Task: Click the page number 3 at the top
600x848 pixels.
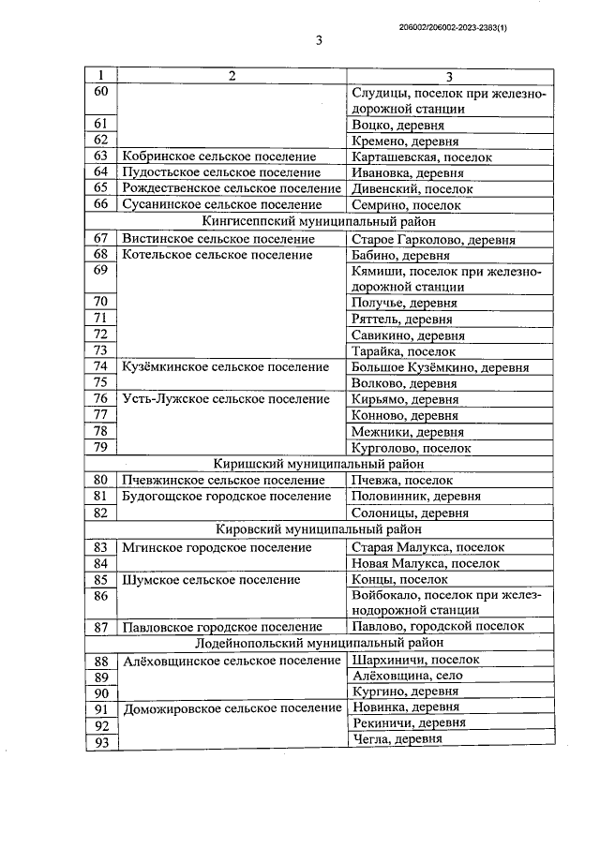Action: [320, 40]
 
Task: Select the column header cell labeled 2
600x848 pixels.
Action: [232, 76]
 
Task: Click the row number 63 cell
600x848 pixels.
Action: [101, 156]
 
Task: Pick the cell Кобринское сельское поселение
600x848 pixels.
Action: [218, 156]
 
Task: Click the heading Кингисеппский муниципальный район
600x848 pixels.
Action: [319, 222]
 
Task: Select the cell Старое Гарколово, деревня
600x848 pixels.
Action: [432, 239]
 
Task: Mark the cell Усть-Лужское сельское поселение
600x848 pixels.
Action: [226, 398]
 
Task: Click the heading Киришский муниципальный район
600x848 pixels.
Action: [319, 463]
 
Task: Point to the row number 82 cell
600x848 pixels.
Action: [101, 513]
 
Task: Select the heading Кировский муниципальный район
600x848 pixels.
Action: [319, 529]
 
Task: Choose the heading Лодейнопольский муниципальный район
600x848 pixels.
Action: [319, 643]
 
